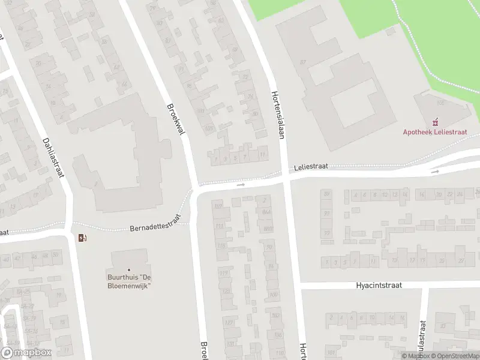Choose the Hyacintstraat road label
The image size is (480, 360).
pos(377,286)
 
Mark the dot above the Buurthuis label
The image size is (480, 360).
pos(128,270)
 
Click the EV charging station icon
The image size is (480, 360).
pos(82,238)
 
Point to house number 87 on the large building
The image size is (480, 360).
pos(303,62)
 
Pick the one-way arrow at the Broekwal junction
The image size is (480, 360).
pos(241,185)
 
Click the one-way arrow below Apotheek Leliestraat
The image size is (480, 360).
pos(435,172)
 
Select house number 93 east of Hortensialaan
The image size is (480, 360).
pos(326,214)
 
